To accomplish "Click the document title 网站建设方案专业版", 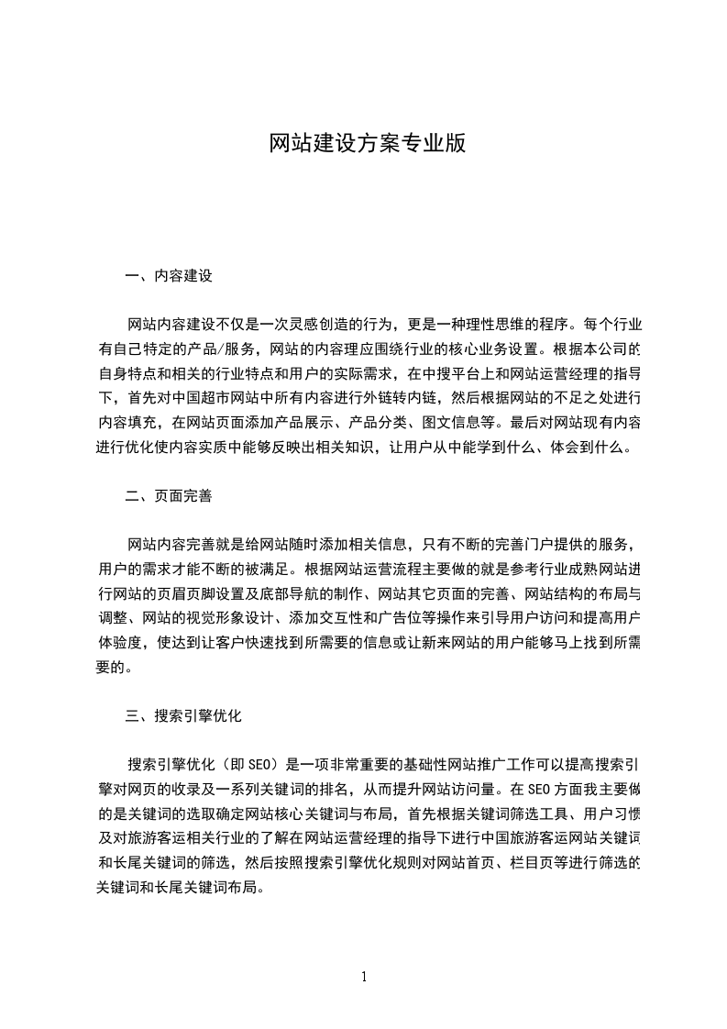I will [368, 144].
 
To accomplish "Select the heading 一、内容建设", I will [169, 275].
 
